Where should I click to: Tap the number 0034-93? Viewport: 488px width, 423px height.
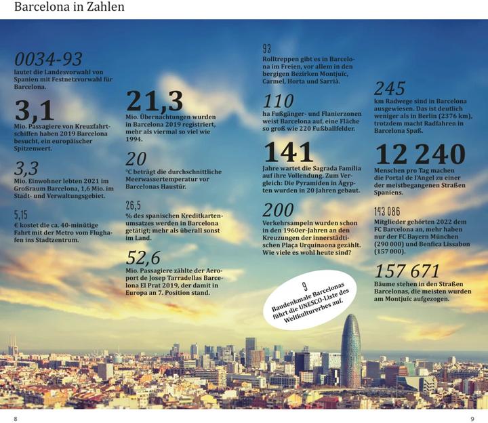(x=48, y=60)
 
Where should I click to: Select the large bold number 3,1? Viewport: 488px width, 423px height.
(x=35, y=109)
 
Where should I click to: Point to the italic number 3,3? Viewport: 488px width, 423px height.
(x=26, y=169)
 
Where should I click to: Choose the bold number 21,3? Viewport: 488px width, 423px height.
(x=155, y=101)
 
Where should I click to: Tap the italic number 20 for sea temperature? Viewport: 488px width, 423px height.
(x=136, y=159)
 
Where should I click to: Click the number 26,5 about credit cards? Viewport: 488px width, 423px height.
(x=134, y=205)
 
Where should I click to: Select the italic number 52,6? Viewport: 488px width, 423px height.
(x=143, y=258)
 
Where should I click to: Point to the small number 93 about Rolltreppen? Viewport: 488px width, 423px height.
(x=266, y=48)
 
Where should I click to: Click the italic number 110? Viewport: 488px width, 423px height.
(x=279, y=102)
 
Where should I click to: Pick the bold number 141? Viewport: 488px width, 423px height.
(x=288, y=152)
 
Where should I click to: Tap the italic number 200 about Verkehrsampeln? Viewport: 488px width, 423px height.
(x=278, y=209)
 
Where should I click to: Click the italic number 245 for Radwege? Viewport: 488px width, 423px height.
(x=390, y=89)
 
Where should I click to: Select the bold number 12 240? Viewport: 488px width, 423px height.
(x=420, y=155)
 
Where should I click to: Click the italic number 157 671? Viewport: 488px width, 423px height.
(x=407, y=271)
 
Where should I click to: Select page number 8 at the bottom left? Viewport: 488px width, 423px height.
(x=16, y=418)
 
